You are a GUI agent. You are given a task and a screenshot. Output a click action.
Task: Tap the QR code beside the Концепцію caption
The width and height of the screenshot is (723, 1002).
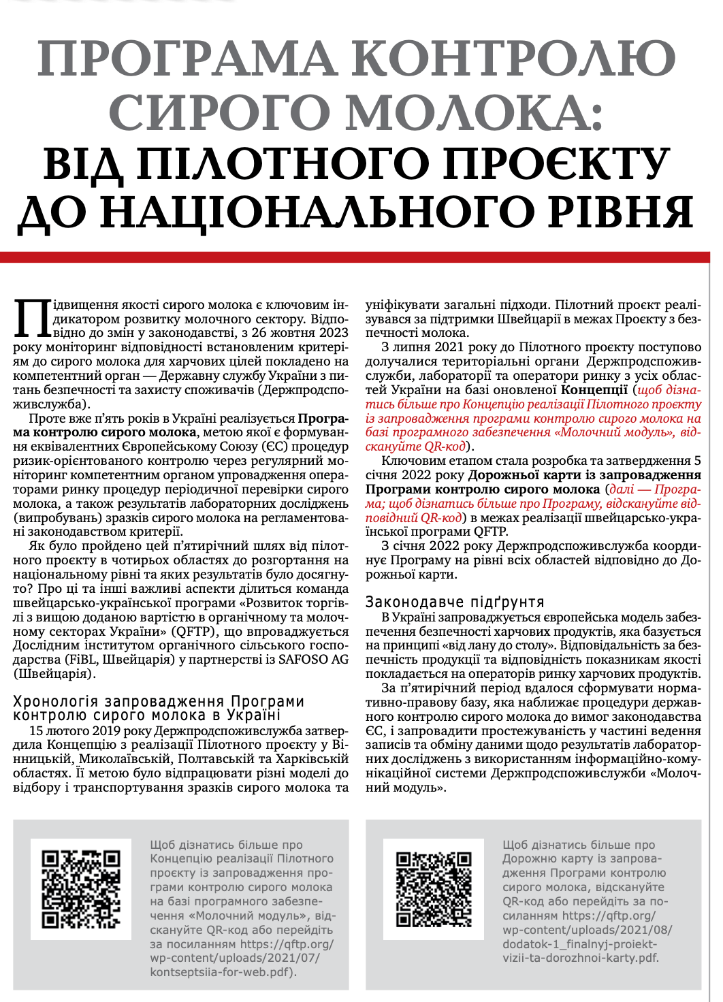coord(81,888)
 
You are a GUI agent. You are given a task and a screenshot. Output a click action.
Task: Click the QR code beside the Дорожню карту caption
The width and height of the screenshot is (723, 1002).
coord(434,888)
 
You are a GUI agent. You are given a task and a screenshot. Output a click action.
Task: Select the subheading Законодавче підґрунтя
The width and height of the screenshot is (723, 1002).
coord(455,602)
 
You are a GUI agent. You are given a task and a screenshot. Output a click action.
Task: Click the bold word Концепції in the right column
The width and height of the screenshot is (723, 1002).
coord(594,390)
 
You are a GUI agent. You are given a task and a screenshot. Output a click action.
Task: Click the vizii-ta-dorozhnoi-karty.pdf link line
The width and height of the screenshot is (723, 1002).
coord(581,958)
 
